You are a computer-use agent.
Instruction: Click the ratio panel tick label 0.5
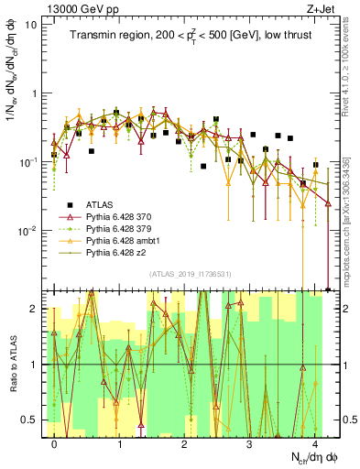(x=30, y=420)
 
